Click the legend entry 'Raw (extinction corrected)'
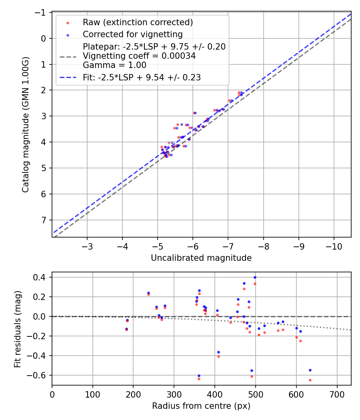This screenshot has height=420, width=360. pyautogui.click(x=138, y=22)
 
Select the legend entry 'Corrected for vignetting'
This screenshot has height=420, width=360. pyautogui.click(x=132, y=34)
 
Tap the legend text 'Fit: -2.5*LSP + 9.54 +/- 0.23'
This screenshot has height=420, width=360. pyautogui.click(x=142, y=78)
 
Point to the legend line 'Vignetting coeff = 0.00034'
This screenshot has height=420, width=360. pyautogui.click(x=139, y=56)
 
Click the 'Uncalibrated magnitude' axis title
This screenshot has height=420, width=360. pyautogui.click(x=201, y=258)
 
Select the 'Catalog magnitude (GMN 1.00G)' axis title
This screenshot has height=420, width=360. pyautogui.click(x=26, y=124)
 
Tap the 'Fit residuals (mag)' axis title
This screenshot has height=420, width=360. pyautogui.click(x=18, y=329)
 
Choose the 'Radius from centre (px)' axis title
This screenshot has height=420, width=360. pyautogui.click(x=201, y=406)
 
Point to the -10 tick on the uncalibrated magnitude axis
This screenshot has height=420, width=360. pyautogui.click(x=334, y=246)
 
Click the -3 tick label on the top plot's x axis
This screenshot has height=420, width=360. pyautogui.click(x=87, y=246)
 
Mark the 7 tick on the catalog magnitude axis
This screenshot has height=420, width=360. pyautogui.click(x=44, y=220)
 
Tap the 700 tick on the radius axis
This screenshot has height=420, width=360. pyautogui.click(x=337, y=394)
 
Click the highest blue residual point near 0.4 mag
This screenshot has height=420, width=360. pyautogui.click(x=255, y=277)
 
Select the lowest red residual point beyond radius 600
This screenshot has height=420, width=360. pyautogui.click(x=310, y=380)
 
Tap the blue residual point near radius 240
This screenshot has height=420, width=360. pyautogui.click(x=148, y=293)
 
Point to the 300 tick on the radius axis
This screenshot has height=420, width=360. pyautogui.click(x=174, y=394)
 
